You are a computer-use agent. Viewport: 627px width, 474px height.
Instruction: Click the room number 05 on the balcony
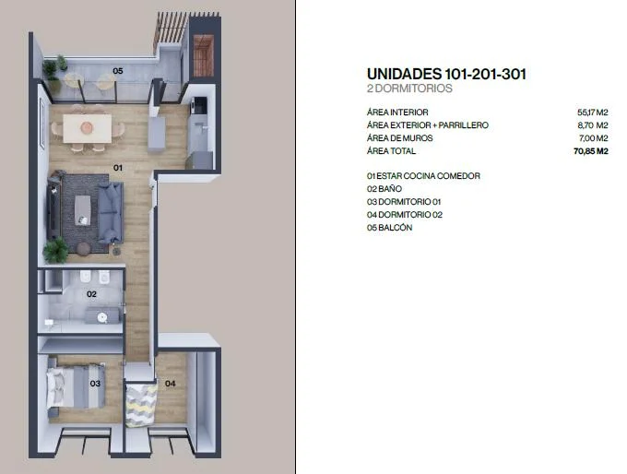[118, 71]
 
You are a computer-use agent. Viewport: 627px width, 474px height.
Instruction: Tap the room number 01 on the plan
[118, 168]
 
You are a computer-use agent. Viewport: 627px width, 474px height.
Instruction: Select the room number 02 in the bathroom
[91, 294]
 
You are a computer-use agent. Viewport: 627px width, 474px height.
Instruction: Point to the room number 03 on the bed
[95, 384]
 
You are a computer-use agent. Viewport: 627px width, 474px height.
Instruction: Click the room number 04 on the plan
[171, 384]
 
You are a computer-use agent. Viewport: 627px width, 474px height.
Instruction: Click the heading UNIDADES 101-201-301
[446, 74]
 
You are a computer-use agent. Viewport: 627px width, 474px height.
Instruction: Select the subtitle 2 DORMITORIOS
[409, 89]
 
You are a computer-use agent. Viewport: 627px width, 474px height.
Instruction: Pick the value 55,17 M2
[593, 113]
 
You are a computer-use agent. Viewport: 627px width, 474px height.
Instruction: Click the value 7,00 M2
[594, 138]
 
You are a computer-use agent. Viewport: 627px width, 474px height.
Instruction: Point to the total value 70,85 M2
[591, 151]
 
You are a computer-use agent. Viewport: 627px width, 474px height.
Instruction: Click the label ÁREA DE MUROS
[400, 138]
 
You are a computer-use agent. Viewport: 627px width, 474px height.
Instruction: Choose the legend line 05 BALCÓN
[389, 228]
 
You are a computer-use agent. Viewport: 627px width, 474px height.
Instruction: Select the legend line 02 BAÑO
[384, 189]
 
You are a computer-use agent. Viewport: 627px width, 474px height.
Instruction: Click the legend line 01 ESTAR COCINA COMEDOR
[423, 176]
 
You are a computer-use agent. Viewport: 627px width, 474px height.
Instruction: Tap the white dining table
[88, 128]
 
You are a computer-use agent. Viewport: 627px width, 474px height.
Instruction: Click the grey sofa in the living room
[111, 213]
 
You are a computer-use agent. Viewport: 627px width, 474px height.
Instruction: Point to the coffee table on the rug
[83, 210]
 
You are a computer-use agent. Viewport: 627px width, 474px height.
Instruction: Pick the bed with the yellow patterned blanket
[141, 405]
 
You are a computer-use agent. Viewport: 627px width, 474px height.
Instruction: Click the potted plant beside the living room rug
[56, 251]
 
